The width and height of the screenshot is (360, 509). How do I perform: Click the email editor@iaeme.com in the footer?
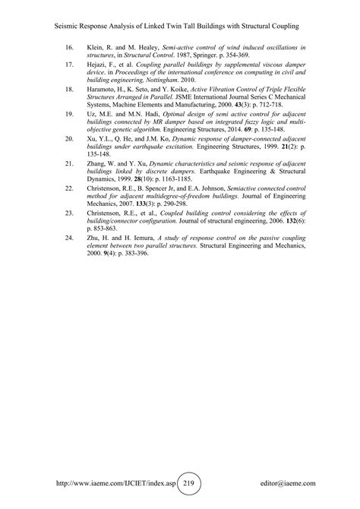[x=287, y=482]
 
